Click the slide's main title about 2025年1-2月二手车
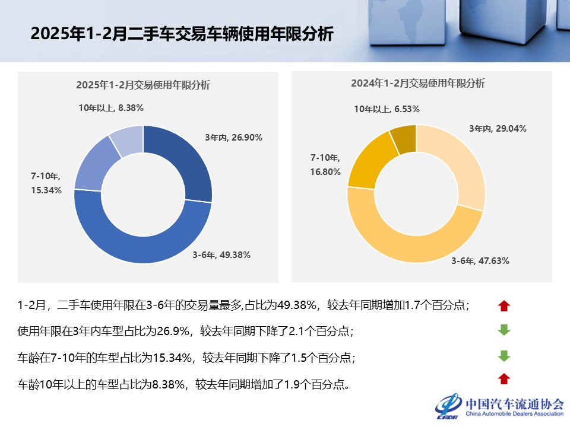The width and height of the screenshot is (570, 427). point(182,34)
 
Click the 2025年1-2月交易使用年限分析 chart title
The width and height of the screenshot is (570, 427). point(143,85)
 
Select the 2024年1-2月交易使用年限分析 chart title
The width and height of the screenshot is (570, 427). point(417,84)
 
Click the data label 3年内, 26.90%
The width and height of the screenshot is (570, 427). point(233,138)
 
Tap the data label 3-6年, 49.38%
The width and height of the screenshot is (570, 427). point(221,255)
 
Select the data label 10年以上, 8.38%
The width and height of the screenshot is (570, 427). point(111,108)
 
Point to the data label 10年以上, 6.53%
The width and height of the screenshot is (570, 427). point(387,109)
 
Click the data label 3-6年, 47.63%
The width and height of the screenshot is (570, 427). point(480,261)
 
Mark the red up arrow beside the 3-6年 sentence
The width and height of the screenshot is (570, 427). point(504,306)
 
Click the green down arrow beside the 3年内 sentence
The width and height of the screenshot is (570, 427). point(504,330)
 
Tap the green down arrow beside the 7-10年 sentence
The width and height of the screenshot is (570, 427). point(504,356)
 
